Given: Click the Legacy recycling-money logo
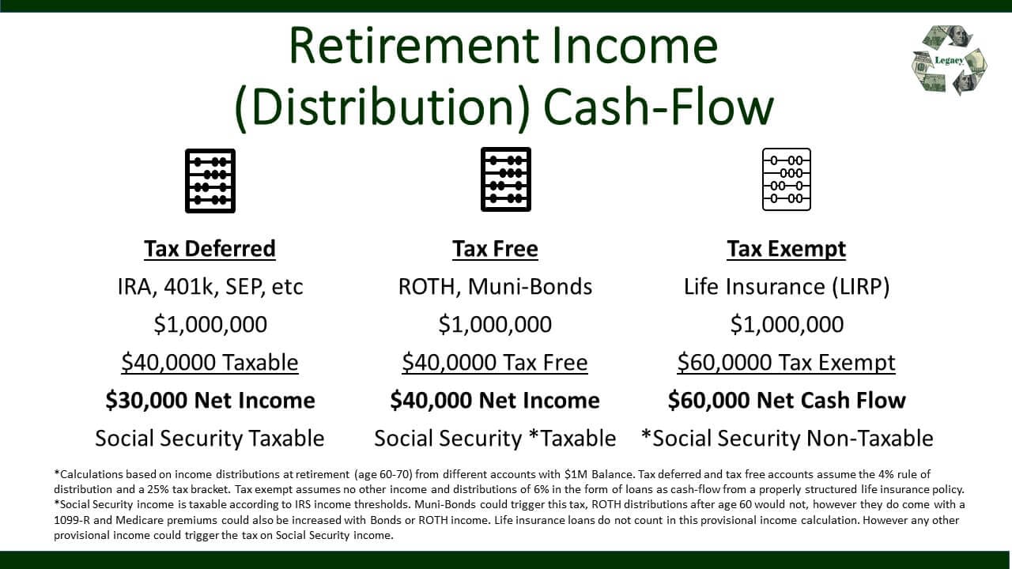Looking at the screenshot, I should pos(949,60).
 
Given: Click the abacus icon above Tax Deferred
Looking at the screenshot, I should pos(210,180).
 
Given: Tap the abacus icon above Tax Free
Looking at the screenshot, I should pos(506,179).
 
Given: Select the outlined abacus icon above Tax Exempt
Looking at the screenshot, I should pos(787,179).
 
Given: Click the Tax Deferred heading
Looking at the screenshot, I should pos(210,249).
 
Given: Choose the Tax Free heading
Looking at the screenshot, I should pos(495,249).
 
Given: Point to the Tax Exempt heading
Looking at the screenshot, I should pos(787,249).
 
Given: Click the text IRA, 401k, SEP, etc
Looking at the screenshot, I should pos(210,286).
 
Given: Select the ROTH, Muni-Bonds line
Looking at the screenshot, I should pos(495,286).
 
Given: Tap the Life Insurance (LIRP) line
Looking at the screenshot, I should pos(787,286).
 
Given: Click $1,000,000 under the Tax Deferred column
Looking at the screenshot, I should pos(210,324).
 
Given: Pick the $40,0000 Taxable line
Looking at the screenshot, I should pos(210,362).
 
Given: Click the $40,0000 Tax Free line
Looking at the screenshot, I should pos(495,362).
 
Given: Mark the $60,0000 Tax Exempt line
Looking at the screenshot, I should pos(787,362).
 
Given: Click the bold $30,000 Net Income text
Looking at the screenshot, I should pos(210,400).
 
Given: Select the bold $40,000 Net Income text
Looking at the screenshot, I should pos(495,400).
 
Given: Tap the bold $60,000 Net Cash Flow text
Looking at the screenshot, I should pos(787,400).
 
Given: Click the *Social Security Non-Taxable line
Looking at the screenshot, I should pos(787,438).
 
